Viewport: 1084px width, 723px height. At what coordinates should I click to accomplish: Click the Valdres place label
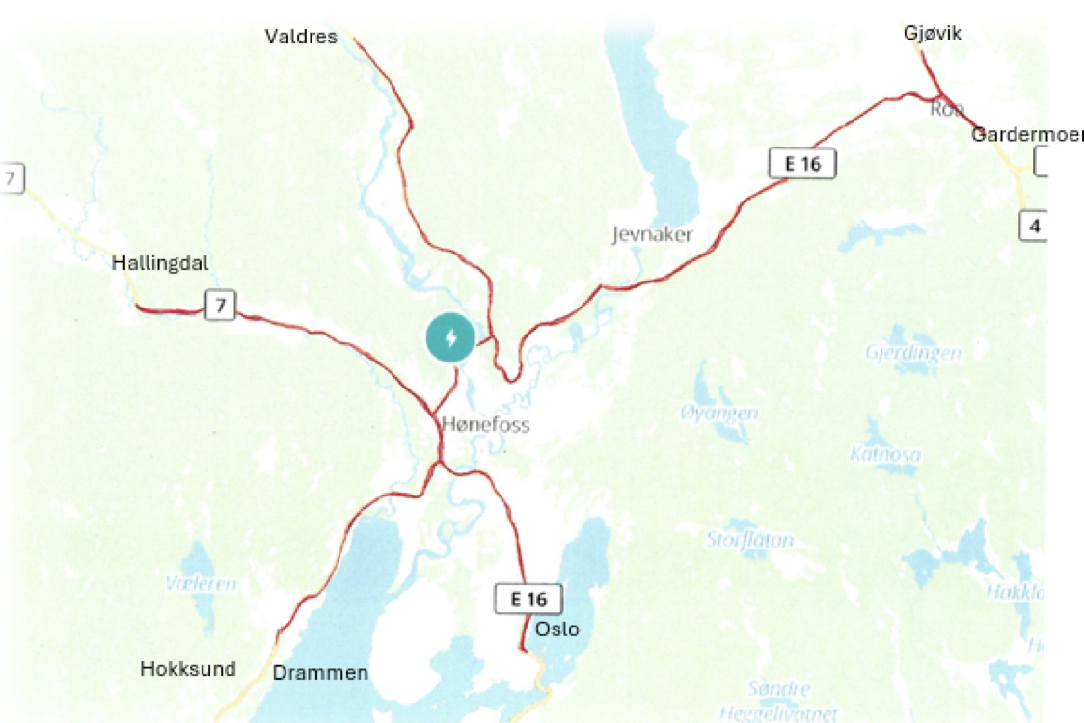coord(301,37)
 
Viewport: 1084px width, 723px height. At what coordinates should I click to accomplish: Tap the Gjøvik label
coord(933,34)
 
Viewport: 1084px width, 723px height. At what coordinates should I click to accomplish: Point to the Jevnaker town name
coord(652,234)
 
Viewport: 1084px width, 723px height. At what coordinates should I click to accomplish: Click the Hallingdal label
coord(160,263)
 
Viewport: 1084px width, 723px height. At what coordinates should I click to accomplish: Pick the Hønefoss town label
coord(485,424)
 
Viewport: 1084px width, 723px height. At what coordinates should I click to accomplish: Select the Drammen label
coord(320,673)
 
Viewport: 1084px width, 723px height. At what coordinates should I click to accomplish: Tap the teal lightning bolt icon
coord(450,338)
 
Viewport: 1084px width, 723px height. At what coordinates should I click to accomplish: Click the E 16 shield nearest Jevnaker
coord(801,164)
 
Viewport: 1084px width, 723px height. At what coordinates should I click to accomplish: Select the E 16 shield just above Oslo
coord(528,599)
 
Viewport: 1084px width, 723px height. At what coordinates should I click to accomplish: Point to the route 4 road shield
coord(1034,228)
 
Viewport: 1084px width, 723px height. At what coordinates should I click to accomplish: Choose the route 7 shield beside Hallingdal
coord(221,307)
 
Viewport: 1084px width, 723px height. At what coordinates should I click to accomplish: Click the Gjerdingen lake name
coord(913,353)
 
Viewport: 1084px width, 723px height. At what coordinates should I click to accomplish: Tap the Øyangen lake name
coord(718,413)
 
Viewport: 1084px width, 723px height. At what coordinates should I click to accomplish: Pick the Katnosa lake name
coord(884,453)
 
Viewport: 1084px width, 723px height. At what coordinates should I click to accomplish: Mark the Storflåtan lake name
coord(750,540)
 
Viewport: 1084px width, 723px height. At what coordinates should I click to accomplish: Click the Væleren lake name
coord(201,583)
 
